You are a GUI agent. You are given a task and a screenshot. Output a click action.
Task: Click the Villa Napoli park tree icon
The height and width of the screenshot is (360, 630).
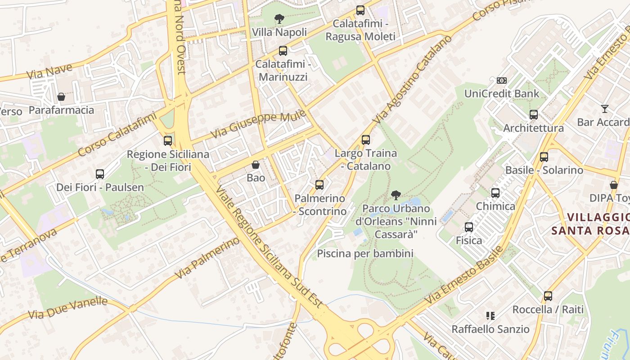coord(279,19)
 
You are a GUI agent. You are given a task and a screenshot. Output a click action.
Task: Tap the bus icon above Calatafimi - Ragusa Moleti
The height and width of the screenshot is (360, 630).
coord(360,10)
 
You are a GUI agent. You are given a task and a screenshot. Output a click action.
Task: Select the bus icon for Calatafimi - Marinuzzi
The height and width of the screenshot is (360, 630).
coord(283,51)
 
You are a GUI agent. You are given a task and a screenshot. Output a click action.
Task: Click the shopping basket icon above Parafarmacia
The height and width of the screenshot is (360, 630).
coord(61,97)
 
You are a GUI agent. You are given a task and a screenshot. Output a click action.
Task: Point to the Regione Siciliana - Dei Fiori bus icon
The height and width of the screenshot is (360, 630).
coord(168,141)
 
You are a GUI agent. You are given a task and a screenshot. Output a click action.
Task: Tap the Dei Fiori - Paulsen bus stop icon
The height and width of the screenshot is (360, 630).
coord(100,174)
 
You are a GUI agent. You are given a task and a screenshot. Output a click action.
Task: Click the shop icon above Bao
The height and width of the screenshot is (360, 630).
coord(256,165)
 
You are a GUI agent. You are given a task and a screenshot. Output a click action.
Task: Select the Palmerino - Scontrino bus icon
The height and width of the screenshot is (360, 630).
coord(319,184)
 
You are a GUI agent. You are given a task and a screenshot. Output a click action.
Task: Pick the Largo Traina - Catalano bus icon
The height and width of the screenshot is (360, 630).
coord(365,140)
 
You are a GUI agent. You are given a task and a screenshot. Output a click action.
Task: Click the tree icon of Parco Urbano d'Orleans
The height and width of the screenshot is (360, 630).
coord(396,195)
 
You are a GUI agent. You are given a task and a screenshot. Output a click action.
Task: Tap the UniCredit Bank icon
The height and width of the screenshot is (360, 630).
coord(501,81)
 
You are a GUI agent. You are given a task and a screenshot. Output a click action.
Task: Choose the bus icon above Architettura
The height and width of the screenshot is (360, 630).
coord(533,115)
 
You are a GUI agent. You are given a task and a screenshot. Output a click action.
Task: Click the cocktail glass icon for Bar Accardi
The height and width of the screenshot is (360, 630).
coord(604,109)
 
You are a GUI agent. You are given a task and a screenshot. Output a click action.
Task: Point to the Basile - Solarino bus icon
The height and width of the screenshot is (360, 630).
coord(544,157)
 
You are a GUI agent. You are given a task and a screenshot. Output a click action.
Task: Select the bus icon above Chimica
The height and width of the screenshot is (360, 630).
coord(495,193)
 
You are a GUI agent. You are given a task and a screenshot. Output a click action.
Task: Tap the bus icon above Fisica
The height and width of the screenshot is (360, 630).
coord(469,227)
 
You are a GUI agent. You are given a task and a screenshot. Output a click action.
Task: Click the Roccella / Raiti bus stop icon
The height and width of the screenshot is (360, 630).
coord(548,296)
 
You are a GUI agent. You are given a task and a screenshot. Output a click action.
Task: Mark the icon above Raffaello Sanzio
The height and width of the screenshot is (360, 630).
coord(490,316)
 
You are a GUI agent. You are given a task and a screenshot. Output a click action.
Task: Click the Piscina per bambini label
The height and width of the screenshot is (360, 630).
coord(365,253)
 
